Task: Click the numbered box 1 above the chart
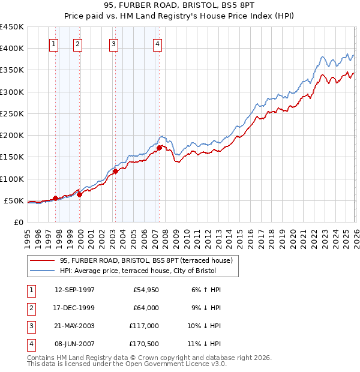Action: point(54,43)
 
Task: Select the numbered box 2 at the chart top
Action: point(78,43)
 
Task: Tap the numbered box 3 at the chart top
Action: point(114,43)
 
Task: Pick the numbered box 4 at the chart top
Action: point(157,43)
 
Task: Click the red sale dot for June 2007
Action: point(159,148)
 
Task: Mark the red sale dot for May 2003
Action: point(115,171)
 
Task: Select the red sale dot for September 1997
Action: point(55,198)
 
